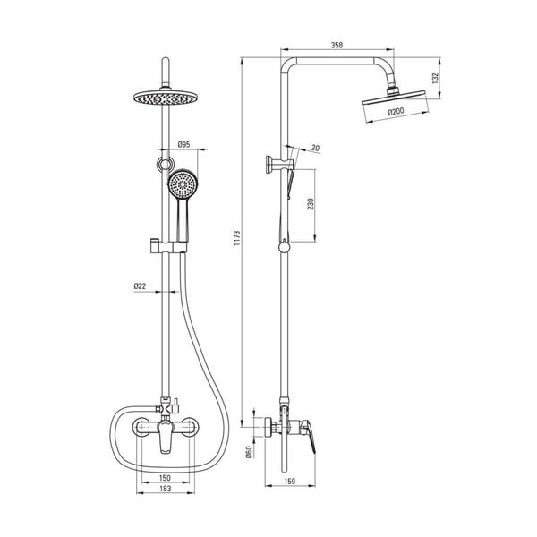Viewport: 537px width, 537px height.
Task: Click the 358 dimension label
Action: pyautogui.click(x=337, y=45)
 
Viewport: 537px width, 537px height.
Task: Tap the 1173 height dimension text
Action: pyautogui.click(x=237, y=239)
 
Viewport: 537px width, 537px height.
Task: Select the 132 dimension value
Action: pyautogui.click(x=435, y=78)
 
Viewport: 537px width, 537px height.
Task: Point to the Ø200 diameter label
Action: pyautogui.click(x=396, y=111)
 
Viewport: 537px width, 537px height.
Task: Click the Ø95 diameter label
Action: pyautogui.click(x=183, y=144)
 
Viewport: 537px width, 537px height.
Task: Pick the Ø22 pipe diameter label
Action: pyautogui.click(x=140, y=286)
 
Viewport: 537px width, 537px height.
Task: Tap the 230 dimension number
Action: pyautogui.click(x=311, y=204)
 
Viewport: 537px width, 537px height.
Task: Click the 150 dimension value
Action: pyautogui.click(x=165, y=477)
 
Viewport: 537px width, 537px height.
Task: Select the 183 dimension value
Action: pyautogui.click(x=165, y=489)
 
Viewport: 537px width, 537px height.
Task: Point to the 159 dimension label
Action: pyautogui.click(x=290, y=482)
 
